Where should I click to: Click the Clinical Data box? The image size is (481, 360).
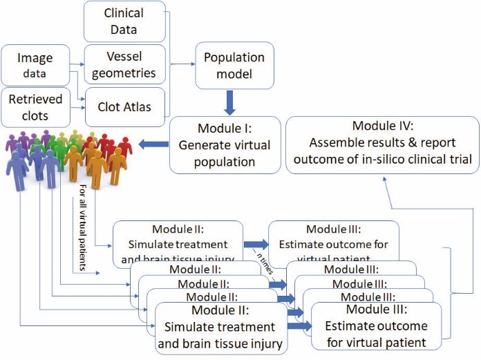tap(124, 21)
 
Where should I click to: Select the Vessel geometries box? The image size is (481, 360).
tap(124, 62)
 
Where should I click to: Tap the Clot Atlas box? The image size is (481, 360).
tap(124, 106)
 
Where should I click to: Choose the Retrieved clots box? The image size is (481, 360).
tap(35, 106)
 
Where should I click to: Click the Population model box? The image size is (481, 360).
tap(234, 66)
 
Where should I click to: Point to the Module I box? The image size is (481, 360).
tap(225, 144)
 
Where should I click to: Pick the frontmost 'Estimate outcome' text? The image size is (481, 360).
tap(376, 325)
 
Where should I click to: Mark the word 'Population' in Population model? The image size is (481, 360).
tap(235, 57)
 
